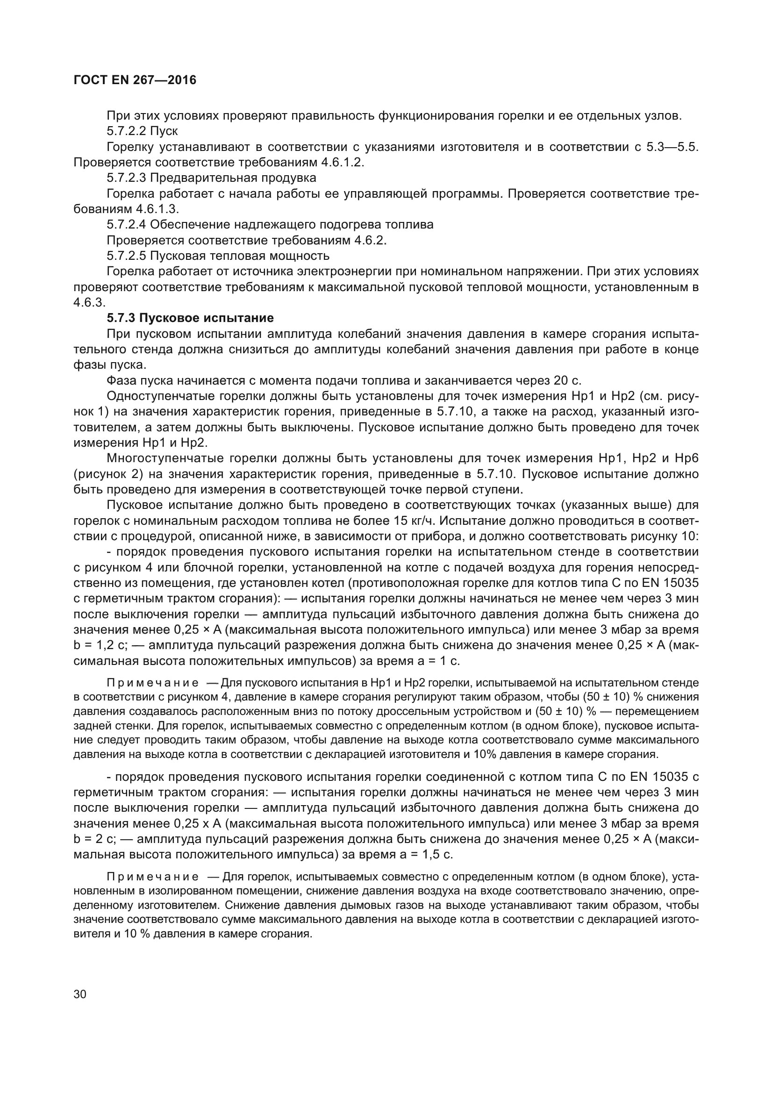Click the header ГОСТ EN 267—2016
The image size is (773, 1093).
pos(135,80)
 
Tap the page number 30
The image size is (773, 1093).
pos(80,994)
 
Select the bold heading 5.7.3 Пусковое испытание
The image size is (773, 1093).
pos(190,317)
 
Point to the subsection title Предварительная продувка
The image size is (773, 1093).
pos(233,178)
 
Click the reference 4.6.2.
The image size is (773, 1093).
pos(370,240)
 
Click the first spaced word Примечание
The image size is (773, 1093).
pos(153,683)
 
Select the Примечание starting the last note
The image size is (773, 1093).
pos(153,877)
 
